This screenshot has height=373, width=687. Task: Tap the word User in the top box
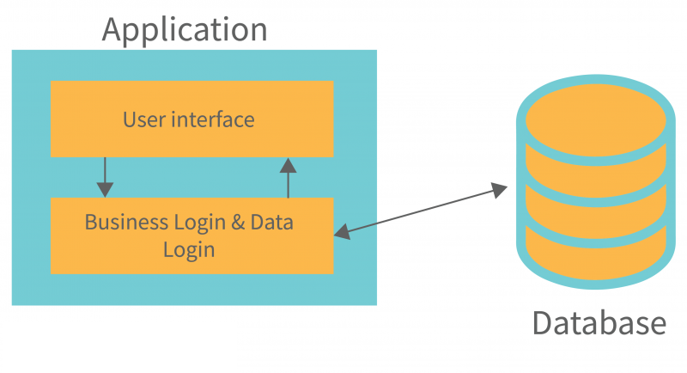click(143, 119)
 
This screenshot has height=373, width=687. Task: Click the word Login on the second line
click(188, 250)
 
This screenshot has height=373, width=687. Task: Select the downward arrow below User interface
click(105, 177)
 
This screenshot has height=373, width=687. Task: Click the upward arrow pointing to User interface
click(288, 177)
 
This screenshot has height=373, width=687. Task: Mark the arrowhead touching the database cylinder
click(500, 190)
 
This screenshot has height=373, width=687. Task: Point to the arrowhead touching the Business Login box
click(341, 230)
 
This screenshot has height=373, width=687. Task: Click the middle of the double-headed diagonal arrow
click(421, 210)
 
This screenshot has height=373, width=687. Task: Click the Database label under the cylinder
click(599, 323)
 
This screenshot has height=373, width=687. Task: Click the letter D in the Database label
click(542, 323)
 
